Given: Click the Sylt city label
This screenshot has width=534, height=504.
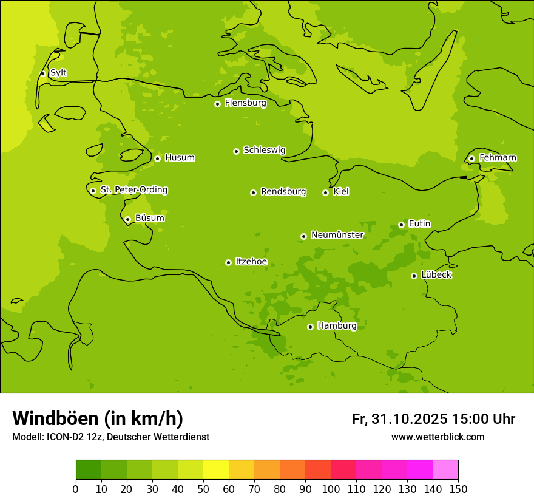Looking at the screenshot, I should [x=58, y=73].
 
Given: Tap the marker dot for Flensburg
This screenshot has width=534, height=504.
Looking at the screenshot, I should [x=217, y=104].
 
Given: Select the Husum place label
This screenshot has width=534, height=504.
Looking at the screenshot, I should [x=180, y=158].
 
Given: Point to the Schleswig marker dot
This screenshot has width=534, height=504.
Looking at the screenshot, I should [x=236, y=151].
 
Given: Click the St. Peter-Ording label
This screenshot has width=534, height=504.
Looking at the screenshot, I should [x=134, y=190].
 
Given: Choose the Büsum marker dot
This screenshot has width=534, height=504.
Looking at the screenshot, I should [x=127, y=219].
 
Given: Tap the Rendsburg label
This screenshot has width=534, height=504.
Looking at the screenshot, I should [x=283, y=192].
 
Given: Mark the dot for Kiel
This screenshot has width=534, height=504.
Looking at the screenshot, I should [x=325, y=192].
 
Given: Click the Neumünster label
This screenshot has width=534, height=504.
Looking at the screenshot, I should [x=337, y=235].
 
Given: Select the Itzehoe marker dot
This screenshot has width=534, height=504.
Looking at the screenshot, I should [x=228, y=262].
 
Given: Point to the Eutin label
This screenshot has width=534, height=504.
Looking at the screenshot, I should [x=419, y=224].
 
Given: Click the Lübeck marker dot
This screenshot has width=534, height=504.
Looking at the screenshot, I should [x=414, y=276].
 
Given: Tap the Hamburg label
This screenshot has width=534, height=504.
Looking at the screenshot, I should [x=337, y=326].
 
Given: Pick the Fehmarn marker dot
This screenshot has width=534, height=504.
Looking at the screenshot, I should [x=471, y=158].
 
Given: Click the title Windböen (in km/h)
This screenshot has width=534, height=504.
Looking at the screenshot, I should [x=98, y=418].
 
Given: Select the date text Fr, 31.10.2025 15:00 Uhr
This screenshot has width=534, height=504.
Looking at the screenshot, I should [x=433, y=419].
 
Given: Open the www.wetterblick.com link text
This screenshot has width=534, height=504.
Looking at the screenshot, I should [x=438, y=437].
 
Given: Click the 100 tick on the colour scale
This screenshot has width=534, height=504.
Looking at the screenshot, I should [x=331, y=489].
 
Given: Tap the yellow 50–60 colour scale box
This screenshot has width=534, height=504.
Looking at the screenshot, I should [x=216, y=470].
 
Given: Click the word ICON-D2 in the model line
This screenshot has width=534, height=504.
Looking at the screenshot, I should [x=65, y=437].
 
